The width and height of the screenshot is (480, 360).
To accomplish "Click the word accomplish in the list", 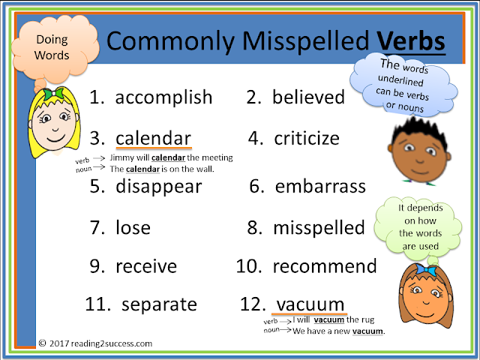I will (163, 97).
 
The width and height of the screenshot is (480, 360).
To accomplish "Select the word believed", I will (308, 97).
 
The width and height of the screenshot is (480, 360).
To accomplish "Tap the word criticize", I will (306, 139).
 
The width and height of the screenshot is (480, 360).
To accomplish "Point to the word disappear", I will (158, 187).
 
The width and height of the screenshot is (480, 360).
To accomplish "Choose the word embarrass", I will (320, 186).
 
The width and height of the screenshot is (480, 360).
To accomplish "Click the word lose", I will (133, 227).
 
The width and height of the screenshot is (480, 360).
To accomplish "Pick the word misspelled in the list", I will (319, 227).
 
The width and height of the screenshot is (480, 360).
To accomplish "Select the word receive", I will (146, 267).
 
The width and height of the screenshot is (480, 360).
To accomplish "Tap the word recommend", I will (325, 266).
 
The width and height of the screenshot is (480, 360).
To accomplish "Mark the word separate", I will (159, 304).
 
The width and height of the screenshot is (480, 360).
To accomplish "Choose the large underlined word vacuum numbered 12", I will (310, 304).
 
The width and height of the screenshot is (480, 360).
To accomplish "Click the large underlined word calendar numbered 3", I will (153, 139).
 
